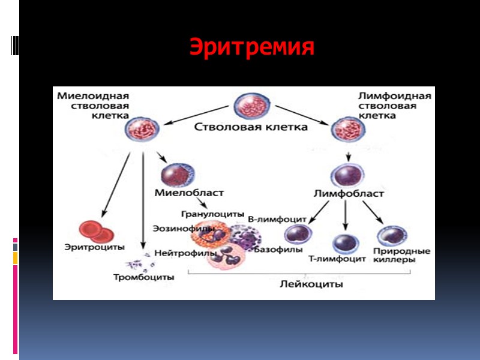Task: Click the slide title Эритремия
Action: coord(252,47)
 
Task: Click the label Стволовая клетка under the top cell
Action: coord(251,127)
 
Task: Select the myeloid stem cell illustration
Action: coord(143,128)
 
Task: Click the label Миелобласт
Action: coord(188,193)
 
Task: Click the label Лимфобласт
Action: coord(349,193)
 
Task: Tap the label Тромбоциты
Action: coord(144,277)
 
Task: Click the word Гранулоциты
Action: coord(213,214)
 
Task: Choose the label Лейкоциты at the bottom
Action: coord(311,285)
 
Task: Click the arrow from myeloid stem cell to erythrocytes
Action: coord(116,183)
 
